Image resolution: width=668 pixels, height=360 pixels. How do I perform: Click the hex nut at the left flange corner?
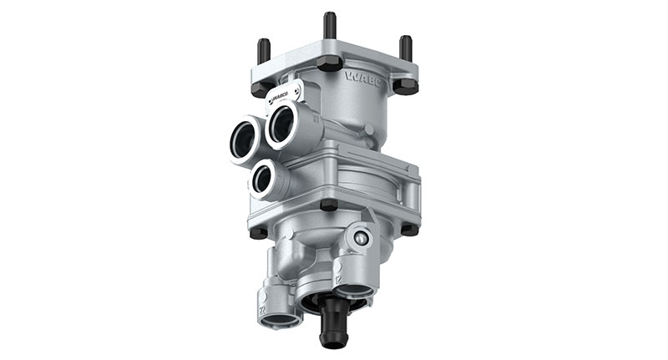(261, 87)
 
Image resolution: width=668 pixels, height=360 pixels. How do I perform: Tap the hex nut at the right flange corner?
(406, 85)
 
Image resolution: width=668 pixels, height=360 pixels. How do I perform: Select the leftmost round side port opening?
(245, 138)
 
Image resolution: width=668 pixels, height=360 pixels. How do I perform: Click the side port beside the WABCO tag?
(282, 125)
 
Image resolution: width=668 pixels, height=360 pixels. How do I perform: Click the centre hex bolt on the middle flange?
(328, 205)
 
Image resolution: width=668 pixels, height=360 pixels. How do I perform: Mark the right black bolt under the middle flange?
(407, 229)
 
